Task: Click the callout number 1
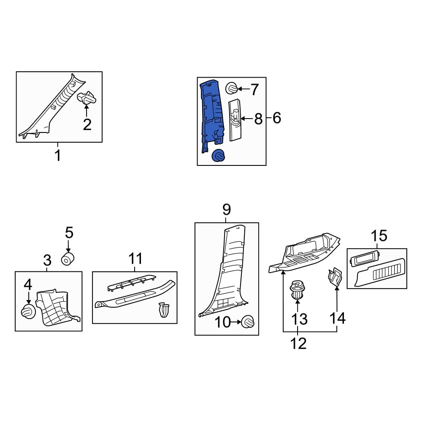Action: click(57, 156)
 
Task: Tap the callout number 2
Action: click(87, 124)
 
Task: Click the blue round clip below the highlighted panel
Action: click(218, 156)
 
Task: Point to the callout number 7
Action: click(254, 89)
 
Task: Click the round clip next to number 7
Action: click(231, 88)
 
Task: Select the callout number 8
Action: click(258, 119)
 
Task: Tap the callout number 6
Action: click(277, 118)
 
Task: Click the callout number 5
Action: click(69, 233)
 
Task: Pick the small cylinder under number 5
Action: click(68, 258)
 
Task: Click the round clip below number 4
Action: click(28, 312)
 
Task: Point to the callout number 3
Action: click(47, 260)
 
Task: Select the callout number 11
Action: click(135, 259)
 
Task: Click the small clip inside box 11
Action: click(164, 310)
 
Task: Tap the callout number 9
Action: click(226, 209)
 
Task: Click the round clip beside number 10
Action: click(248, 322)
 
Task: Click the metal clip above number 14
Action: click(335, 277)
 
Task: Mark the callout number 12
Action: click(298, 344)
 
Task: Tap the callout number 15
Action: click(379, 236)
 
